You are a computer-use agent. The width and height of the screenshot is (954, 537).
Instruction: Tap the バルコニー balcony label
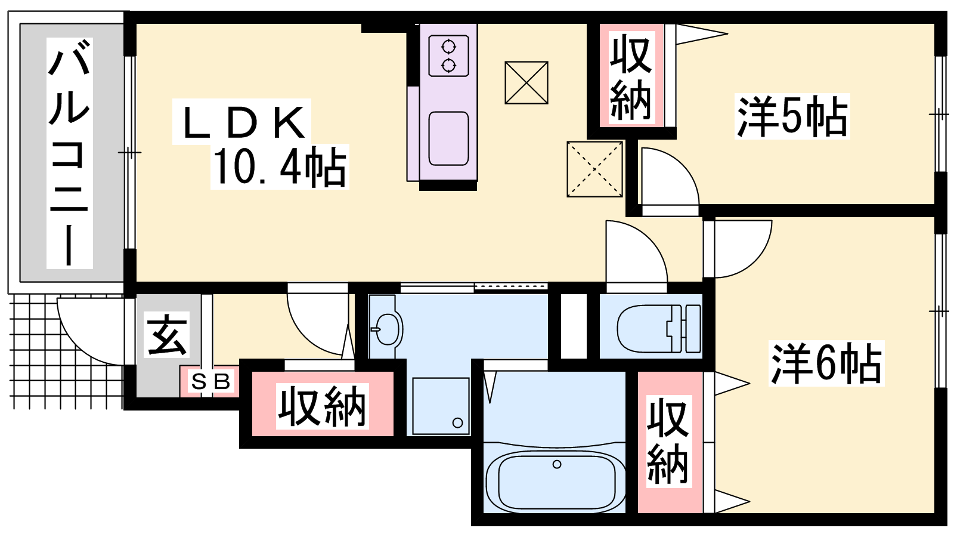[69, 153]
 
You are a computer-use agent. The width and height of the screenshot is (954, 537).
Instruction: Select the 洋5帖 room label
[792, 116]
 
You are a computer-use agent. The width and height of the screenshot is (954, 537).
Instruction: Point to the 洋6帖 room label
[826, 363]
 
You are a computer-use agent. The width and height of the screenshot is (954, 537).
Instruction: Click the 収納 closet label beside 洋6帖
[668, 441]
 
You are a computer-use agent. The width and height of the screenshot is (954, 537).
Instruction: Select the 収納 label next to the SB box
[322, 406]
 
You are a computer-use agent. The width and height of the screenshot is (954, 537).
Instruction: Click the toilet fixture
[659, 329]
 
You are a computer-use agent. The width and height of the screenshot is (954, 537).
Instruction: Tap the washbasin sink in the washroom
[387, 329]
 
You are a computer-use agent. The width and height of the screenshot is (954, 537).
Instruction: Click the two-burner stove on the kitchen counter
[448, 56]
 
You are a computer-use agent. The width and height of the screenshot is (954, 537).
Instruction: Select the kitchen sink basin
[448, 138]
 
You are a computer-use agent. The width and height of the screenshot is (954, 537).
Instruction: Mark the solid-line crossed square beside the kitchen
[526, 83]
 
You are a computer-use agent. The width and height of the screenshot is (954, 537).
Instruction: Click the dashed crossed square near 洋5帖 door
[594, 169]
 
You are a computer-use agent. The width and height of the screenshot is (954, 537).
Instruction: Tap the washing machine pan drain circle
[458, 423]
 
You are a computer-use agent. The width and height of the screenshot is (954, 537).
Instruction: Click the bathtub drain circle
[557, 464]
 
